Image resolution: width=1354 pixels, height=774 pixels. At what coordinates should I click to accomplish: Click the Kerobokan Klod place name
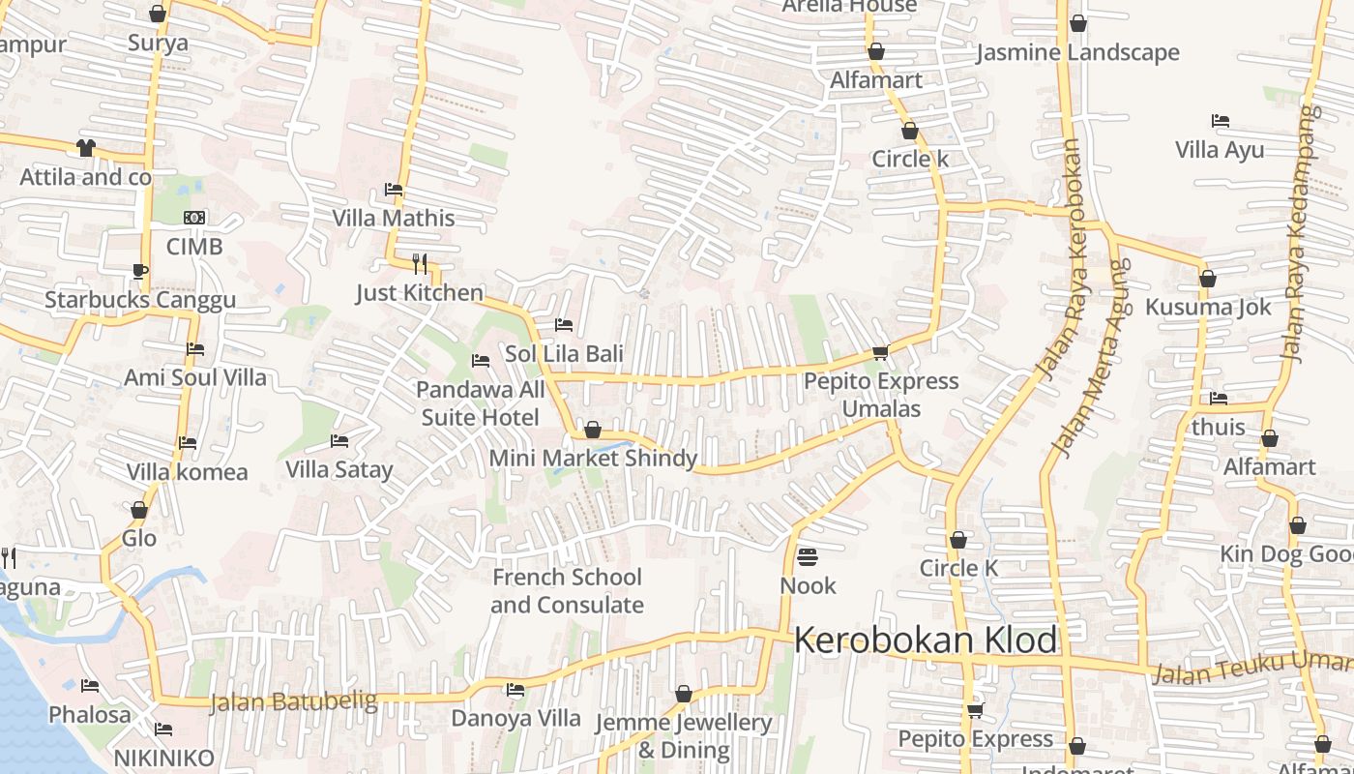(x=926, y=640)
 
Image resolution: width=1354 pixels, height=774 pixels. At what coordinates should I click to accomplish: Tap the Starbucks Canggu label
(x=140, y=300)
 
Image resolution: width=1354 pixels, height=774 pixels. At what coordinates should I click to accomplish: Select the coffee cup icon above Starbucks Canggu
(x=139, y=271)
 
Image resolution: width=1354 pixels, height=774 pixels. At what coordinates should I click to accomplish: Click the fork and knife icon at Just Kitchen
(x=420, y=262)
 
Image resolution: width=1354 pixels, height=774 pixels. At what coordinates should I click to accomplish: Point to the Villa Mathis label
(x=394, y=218)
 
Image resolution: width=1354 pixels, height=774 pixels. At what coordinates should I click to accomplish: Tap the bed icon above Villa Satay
(x=339, y=441)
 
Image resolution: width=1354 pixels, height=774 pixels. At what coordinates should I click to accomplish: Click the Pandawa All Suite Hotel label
(x=481, y=403)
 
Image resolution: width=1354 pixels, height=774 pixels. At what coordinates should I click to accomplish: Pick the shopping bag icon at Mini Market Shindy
(x=593, y=430)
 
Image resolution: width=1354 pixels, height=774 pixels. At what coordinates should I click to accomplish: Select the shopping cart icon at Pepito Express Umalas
(x=880, y=353)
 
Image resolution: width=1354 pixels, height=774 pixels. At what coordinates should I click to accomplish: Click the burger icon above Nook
(x=808, y=557)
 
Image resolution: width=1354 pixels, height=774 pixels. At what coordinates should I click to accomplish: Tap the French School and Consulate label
(x=567, y=591)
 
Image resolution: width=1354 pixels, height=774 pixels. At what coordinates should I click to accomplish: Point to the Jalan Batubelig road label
(x=293, y=701)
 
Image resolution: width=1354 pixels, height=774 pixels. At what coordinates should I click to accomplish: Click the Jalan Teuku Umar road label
(x=1252, y=667)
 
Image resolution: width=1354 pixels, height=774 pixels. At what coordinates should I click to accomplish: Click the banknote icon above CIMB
(x=194, y=218)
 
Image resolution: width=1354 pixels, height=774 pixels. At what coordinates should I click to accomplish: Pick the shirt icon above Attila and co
(x=86, y=148)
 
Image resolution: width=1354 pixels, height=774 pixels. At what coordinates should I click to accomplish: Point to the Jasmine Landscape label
(x=1077, y=52)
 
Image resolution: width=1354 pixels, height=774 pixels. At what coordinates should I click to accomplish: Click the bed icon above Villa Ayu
(x=1221, y=121)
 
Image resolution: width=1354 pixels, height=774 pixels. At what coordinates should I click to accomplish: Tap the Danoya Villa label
(x=516, y=718)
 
